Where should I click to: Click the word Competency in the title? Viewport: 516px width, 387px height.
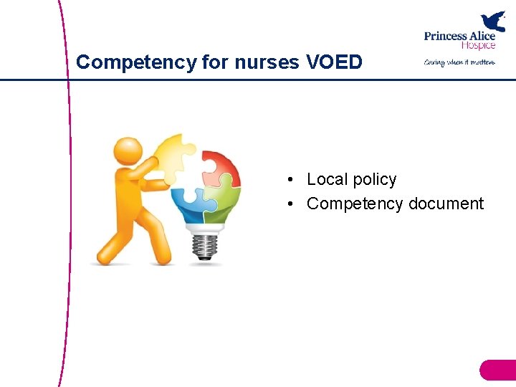point(136,62)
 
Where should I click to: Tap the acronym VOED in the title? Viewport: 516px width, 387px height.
point(334,62)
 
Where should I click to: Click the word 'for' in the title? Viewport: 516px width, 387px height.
point(214,62)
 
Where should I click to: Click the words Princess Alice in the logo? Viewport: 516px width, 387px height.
point(459,37)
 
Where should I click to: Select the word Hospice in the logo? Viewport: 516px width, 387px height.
point(477,46)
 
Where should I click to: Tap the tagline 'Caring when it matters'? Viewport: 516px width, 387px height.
point(459,62)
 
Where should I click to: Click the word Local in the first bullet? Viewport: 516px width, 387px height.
point(327,179)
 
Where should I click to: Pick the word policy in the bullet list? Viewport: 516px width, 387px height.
point(374,180)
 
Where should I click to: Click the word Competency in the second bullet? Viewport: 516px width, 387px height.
point(355,204)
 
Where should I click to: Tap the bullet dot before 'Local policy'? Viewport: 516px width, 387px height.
point(290,180)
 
